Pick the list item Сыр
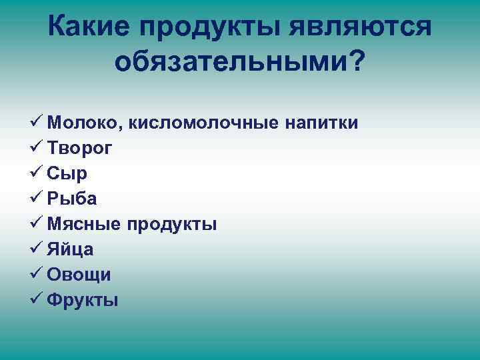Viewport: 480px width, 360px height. click(67, 173)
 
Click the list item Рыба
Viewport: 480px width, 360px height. click(72, 199)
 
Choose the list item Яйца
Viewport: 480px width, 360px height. click(70, 249)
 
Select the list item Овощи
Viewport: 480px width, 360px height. click(79, 275)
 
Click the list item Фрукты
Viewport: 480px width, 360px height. click(83, 300)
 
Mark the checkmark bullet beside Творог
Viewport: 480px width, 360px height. click(37, 147)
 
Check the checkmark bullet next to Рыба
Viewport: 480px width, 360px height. click(37, 198)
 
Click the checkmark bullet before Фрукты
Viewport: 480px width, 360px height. click(37, 299)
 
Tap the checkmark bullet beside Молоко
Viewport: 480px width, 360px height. click(37, 122)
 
